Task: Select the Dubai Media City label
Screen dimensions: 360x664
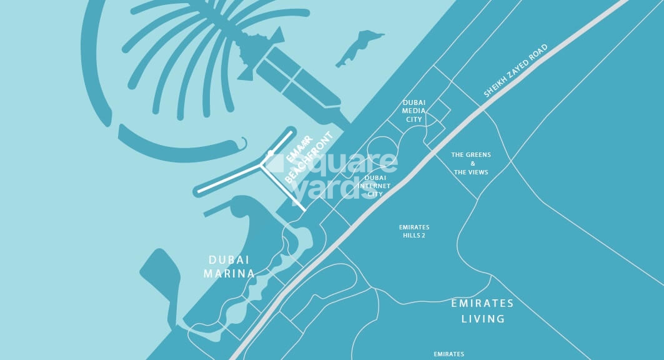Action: coord(414,111)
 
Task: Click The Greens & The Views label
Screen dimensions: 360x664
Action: coord(471,163)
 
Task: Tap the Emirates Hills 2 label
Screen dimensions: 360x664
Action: coord(414,231)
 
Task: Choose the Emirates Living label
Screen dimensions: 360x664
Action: coord(482,311)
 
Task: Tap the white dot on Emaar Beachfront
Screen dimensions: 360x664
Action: coord(270,153)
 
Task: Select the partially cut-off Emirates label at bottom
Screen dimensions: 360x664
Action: coord(449,354)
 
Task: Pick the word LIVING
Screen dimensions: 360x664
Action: coord(483,319)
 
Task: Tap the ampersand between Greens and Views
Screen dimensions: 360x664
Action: coord(471,163)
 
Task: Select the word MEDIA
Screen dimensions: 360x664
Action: coord(414,111)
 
